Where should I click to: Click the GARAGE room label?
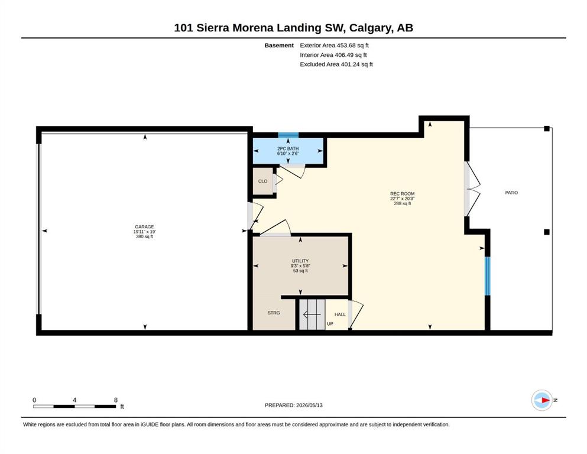click(144, 227)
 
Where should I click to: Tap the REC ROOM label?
click(403, 194)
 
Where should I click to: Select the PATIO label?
click(511, 193)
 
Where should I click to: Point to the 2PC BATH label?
click(288, 148)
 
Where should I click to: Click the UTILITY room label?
click(300, 261)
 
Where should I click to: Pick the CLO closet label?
click(263, 181)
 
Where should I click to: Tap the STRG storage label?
click(274, 313)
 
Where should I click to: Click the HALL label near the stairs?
click(340, 314)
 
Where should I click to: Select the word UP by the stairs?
click(330, 324)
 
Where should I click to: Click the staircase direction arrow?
click(312, 314)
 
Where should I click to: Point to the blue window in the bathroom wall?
click(288, 135)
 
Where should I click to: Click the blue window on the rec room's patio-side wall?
click(488, 276)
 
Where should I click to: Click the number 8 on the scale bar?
click(116, 400)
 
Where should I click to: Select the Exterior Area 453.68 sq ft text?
click(335, 46)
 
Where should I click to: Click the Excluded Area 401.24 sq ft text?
click(336, 64)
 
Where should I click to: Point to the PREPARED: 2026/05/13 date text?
click(293, 405)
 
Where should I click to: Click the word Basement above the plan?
click(279, 46)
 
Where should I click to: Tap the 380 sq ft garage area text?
click(144, 236)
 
